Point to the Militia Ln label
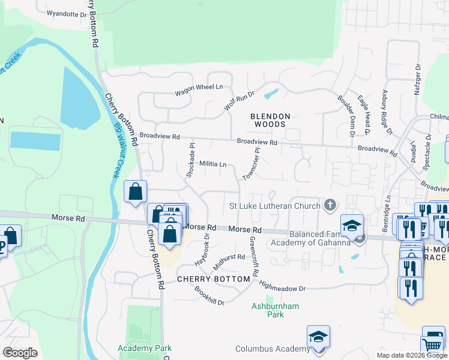212,164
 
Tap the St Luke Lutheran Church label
275,206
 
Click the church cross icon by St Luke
329,206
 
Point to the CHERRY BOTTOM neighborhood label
213,280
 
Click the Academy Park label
145,348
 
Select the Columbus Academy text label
272,349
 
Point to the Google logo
20,353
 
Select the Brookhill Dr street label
208,295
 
